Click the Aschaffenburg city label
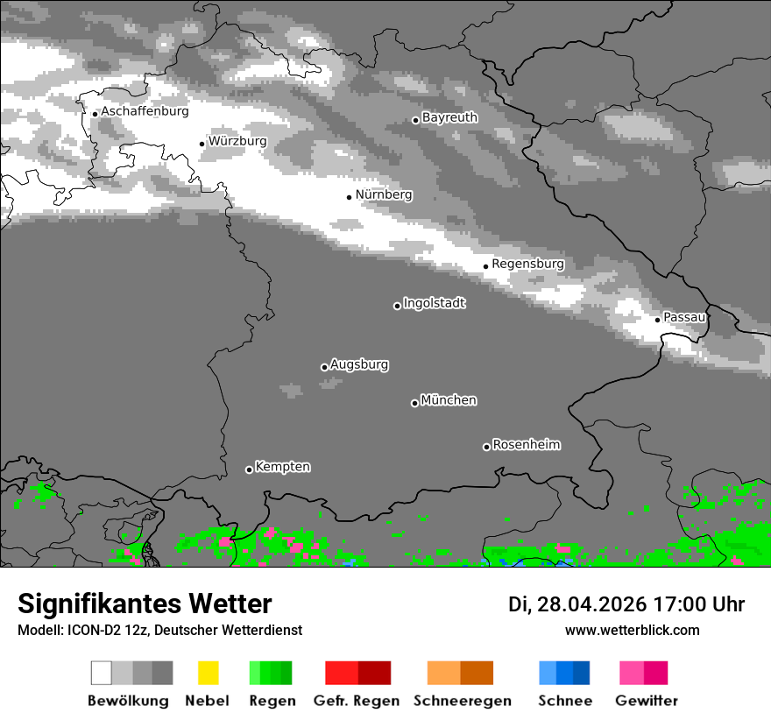[x=145, y=111]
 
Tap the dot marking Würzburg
[x=202, y=144]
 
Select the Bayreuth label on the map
[x=449, y=117]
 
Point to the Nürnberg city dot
[x=349, y=197]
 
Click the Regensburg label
[x=527, y=264]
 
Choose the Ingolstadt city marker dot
[x=397, y=306]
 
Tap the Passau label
[x=683, y=316]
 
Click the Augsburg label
[x=359, y=364]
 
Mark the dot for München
[x=414, y=403]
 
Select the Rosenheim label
[x=526, y=444]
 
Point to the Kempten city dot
[x=249, y=469]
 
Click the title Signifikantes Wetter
[x=145, y=604]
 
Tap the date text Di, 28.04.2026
[x=577, y=604]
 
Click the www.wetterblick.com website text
[x=632, y=630]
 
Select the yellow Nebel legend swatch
[x=208, y=673]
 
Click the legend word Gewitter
[x=646, y=701]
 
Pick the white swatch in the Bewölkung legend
[x=102, y=673]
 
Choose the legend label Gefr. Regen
[x=356, y=701]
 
